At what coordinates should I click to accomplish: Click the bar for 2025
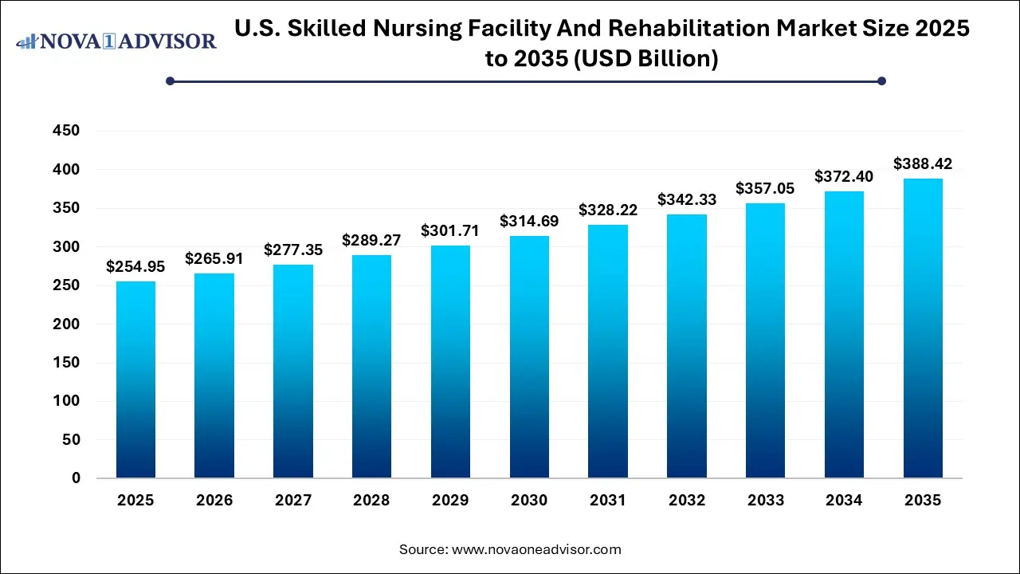(135, 379)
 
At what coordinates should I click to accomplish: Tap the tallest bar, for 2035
(923, 328)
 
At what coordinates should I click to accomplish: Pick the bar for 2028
(372, 366)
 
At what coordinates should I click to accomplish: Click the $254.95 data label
(135, 266)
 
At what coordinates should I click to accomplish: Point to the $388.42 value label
(923, 163)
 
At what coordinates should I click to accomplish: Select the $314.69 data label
(529, 221)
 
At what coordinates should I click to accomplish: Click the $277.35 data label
(293, 250)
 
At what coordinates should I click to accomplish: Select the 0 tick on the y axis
(76, 478)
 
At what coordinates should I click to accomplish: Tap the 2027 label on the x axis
(293, 501)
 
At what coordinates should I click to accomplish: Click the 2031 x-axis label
(608, 501)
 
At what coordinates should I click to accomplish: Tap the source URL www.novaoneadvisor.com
(536, 549)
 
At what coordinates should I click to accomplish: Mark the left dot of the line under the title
(170, 81)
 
